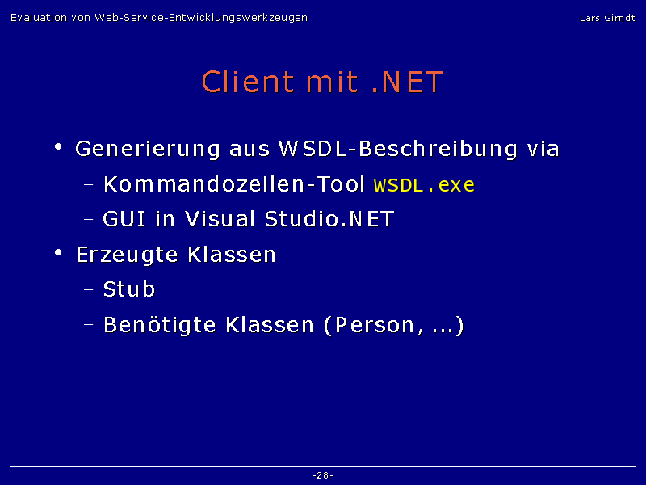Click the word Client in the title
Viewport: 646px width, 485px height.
(x=248, y=82)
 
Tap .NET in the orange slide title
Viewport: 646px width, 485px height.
(x=407, y=82)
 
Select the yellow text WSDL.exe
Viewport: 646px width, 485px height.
(x=424, y=185)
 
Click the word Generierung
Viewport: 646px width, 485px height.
(x=148, y=150)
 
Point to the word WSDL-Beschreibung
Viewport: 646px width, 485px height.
(x=398, y=150)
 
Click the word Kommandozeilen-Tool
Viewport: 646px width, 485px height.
(x=234, y=184)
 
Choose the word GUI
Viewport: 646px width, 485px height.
(x=124, y=218)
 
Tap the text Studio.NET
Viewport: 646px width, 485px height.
(x=329, y=218)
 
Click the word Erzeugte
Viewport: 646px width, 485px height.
(x=127, y=255)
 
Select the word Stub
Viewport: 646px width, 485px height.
(x=129, y=289)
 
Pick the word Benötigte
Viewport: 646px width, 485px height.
(x=159, y=325)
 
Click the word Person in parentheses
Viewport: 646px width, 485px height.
(x=375, y=325)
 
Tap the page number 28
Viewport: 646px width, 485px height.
(x=323, y=475)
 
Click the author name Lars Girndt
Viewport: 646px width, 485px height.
(x=607, y=18)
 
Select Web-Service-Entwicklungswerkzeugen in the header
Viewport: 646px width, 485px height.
(x=201, y=18)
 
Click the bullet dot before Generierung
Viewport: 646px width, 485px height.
(x=58, y=146)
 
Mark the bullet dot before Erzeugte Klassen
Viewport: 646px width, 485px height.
(x=58, y=252)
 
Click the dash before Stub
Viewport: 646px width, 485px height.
(x=89, y=290)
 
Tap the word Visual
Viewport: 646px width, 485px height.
(x=220, y=218)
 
